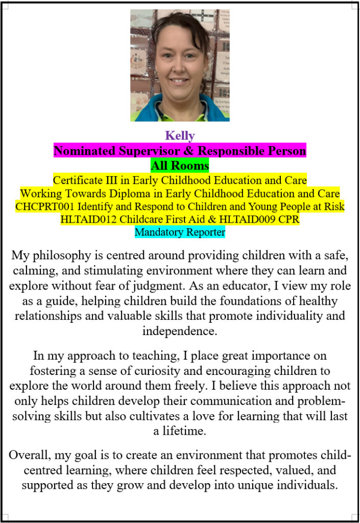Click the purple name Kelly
coord(180,136)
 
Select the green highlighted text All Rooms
coord(180,166)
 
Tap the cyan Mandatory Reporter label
coord(180,232)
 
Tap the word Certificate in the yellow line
coord(77,180)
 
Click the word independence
coord(180,330)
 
